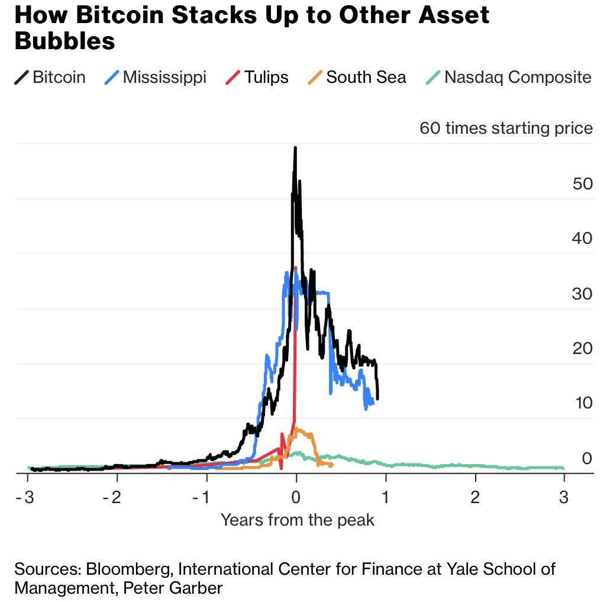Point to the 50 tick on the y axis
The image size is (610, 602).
(x=582, y=184)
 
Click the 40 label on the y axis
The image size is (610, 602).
(x=582, y=239)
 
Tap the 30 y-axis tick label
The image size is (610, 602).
(x=582, y=294)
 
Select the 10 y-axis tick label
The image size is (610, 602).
(x=583, y=404)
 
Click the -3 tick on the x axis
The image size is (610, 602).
(x=27, y=497)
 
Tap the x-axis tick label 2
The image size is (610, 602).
(x=475, y=497)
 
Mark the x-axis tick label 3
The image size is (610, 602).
(x=564, y=497)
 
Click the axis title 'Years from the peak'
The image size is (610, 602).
(x=298, y=520)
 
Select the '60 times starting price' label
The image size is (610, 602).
(x=506, y=128)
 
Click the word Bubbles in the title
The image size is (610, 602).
(x=64, y=41)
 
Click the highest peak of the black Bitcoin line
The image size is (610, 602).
(x=295, y=148)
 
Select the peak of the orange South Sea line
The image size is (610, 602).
(x=297, y=429)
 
